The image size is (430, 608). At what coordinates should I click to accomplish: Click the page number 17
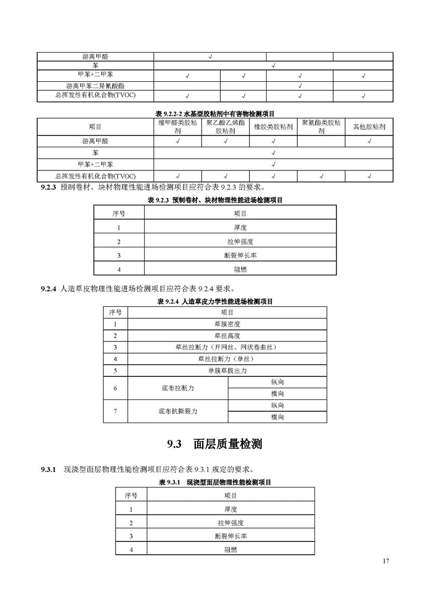click(386, 561)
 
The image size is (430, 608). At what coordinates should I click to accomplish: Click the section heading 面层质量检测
click(228, 444)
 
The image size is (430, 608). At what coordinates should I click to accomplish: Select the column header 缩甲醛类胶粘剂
click(177, 127)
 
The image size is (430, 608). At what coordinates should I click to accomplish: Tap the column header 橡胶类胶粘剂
click(274, 127)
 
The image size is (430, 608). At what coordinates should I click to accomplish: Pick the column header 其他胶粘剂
click(369, 127)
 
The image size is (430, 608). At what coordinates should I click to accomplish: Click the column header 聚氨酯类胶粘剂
click(321, 127)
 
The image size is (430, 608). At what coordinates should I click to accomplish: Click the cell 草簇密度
click(227, 324)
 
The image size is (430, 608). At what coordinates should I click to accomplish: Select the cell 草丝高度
click(227, 336)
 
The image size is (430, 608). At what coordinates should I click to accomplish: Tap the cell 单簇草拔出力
click(227, 371)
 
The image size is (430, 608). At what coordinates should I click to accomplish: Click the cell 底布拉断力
click(178, 388)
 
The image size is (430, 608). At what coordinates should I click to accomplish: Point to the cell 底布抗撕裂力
click(178, 411)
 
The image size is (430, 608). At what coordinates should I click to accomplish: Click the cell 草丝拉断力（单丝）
click(227, 359)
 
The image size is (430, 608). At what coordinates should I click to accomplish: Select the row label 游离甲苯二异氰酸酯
click(95, 86)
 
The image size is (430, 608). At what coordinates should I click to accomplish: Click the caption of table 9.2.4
click(215, 302)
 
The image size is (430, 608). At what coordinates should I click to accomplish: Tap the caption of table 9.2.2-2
click(215, 113)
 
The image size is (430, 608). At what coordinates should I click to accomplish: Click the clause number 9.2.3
click(49, 188)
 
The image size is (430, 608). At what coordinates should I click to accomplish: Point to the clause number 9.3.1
click(49, 469)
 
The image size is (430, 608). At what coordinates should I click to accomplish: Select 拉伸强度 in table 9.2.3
click(240, 241)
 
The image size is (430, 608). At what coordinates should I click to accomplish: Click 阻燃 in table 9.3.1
click(231, 550)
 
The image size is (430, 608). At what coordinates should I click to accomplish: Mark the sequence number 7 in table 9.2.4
click(115, 411)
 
